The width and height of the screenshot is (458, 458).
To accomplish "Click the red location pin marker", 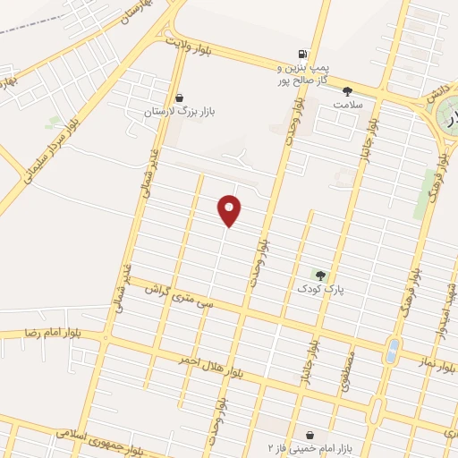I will (231, 209).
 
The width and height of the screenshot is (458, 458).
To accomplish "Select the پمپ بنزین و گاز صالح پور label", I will (304, 73).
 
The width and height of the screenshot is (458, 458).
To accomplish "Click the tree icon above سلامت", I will (347, 90).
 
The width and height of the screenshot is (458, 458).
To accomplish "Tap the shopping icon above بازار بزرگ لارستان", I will (181, 98).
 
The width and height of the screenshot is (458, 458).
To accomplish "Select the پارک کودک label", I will (321, 289).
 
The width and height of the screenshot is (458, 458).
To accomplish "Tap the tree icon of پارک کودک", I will (320, 275).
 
